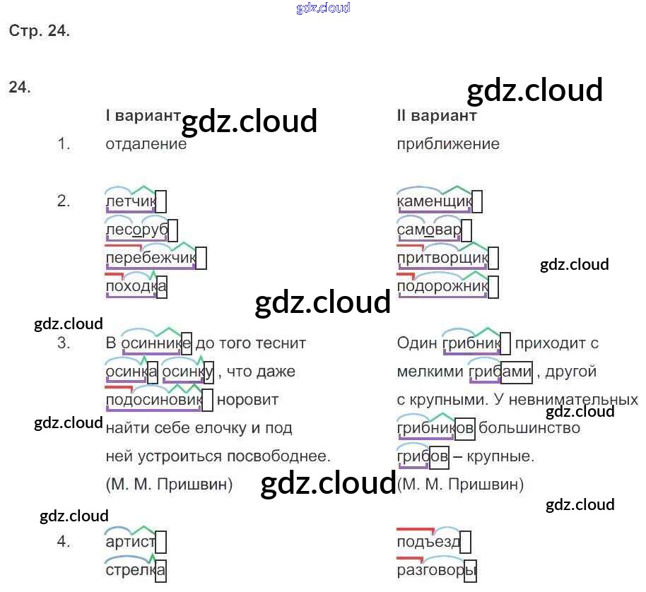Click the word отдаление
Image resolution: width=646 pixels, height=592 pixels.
[x=146, y=144]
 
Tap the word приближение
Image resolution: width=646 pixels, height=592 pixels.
[x=448, y=144]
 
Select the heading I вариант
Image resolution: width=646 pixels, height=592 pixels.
[x=142, y=116]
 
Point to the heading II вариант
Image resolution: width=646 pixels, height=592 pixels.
[x=437, y=116]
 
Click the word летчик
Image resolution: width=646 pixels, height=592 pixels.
[x=130, y=202]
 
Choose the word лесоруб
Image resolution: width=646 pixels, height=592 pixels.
[x=136, y=230]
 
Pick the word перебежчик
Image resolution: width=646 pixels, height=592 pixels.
[x=150, y=259]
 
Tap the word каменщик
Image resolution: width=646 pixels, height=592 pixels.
[x=434, y=202]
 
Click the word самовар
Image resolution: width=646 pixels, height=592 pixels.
[x=429, y=230]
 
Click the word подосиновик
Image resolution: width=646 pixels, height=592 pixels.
[x=153, y=400]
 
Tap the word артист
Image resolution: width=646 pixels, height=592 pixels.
[x=130, y=542]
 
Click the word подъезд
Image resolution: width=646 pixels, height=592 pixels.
[x=429, y=542]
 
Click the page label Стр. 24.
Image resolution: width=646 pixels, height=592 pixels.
[x=40, y=31]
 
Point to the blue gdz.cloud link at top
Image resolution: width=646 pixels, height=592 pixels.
[x=323, y=8]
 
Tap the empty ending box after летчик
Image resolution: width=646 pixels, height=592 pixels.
[x=161, y=202]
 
